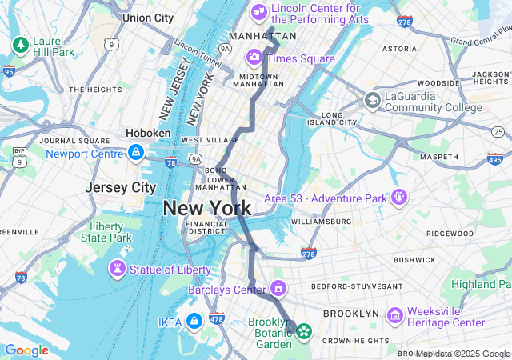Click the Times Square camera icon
254,56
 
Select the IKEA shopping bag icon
194,322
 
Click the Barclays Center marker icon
278,287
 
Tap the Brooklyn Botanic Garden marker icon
304,330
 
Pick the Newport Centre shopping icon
135,152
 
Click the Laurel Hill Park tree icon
19,43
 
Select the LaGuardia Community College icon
372,100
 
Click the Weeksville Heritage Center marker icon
394,315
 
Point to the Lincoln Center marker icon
258,11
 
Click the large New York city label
207,208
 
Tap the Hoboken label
148,133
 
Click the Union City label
148,17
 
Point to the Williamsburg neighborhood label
321,221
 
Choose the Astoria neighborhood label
399,48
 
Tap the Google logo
26,350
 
